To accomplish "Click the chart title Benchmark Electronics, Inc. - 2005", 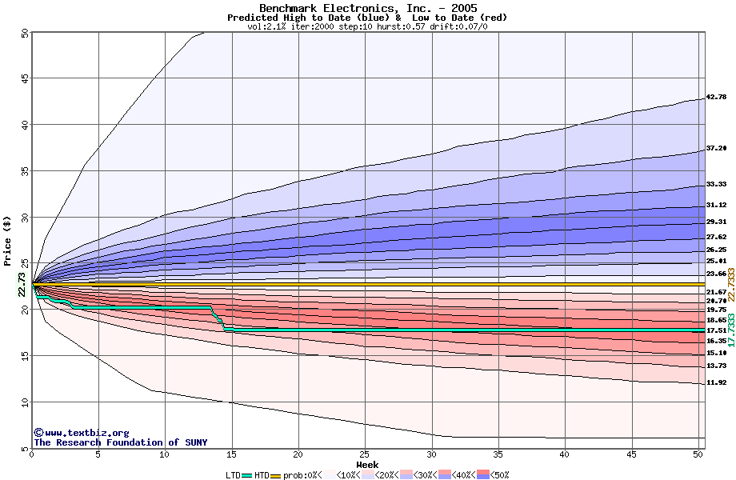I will [367, 8].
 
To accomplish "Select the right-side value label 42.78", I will [716, 97].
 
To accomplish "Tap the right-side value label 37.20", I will [716, 148].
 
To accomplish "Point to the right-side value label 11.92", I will [716, 382].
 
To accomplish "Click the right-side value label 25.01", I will [716, 261].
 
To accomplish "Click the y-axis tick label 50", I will [24, 33].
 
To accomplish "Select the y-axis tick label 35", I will [24, 171].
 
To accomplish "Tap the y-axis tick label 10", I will [24, 402].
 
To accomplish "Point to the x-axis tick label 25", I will [365, 454].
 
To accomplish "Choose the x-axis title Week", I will [367, 464].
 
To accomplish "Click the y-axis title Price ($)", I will [8, 240].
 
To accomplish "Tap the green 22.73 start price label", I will [22, 285].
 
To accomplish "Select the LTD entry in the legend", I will [234, 475].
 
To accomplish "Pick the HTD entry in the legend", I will [261, 475].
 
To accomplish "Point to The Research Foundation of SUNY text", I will [120, 442].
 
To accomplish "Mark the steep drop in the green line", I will [219, 318].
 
